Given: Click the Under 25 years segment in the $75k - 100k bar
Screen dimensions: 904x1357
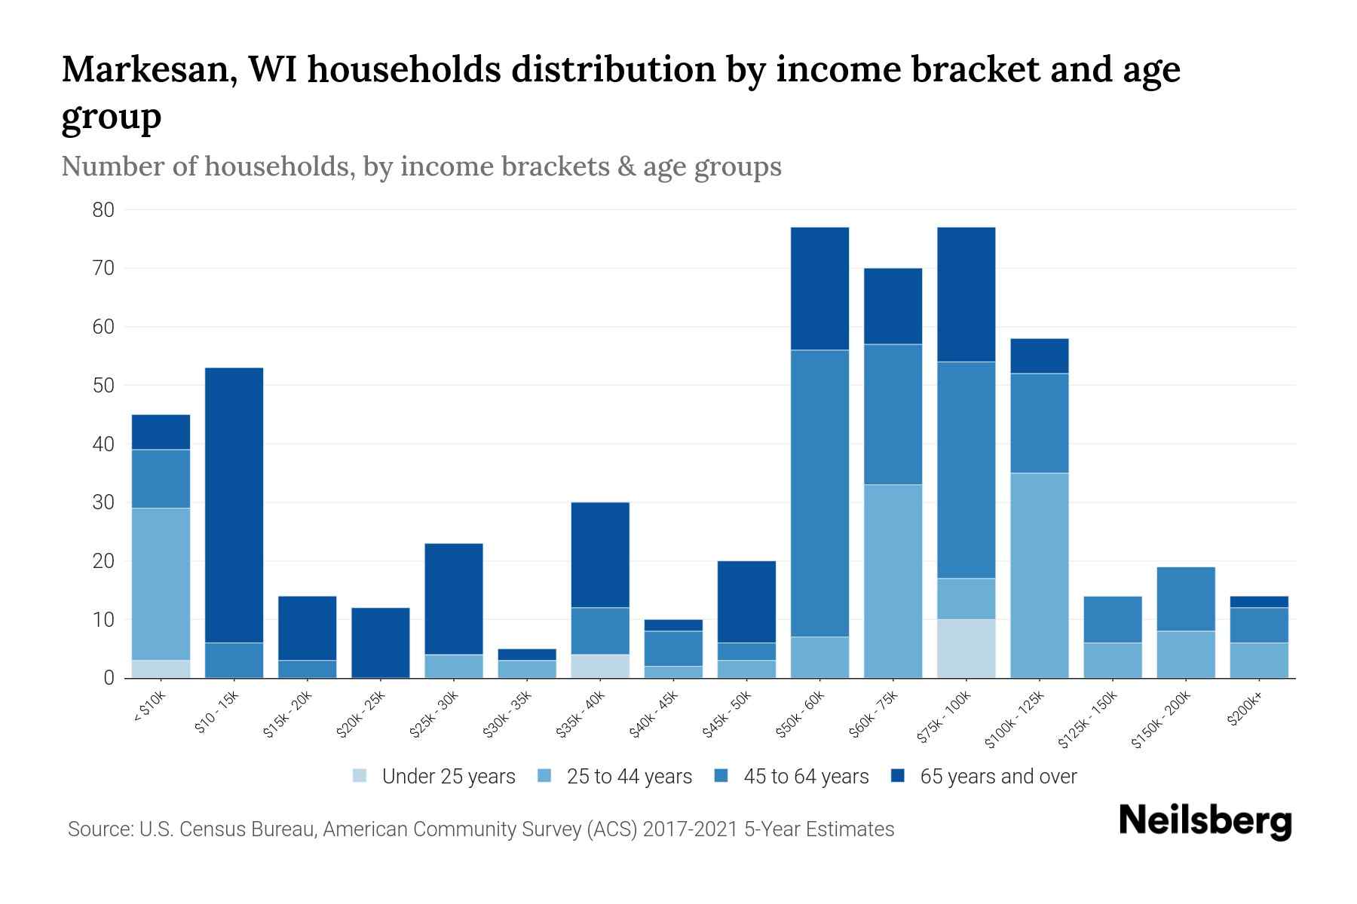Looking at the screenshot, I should coord(966,649).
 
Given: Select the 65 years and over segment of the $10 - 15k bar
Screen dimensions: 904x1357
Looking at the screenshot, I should coord(234,505).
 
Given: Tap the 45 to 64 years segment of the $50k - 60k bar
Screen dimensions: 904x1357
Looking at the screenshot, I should coord(819,493).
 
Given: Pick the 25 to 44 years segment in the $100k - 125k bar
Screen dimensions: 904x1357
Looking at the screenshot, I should coord(1040,576).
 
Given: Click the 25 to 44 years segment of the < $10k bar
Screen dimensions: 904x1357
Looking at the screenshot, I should coord(161,584).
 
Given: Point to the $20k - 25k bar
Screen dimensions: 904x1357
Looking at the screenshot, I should coord(381,643).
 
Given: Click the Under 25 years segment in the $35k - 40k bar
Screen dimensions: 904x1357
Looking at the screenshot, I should coord(600,666).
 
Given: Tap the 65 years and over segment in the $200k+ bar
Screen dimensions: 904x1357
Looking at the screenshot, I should coord(1259,602).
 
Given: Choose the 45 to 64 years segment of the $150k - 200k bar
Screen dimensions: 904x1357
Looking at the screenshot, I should coord(1186,599).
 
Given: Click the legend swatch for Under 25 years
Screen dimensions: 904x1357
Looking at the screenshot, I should coord(360,776).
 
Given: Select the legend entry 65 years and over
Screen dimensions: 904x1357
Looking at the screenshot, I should coord(997,777).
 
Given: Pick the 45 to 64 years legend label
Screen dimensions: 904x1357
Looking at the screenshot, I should coord(805,777).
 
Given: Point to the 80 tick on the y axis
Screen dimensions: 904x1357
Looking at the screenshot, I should coord(103,210).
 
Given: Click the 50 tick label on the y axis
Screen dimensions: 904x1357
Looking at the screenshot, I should coord(103,386).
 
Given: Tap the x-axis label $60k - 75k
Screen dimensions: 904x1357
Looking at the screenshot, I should coord(875,715).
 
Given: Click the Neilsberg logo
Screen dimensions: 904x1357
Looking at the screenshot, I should coord(1205,821).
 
